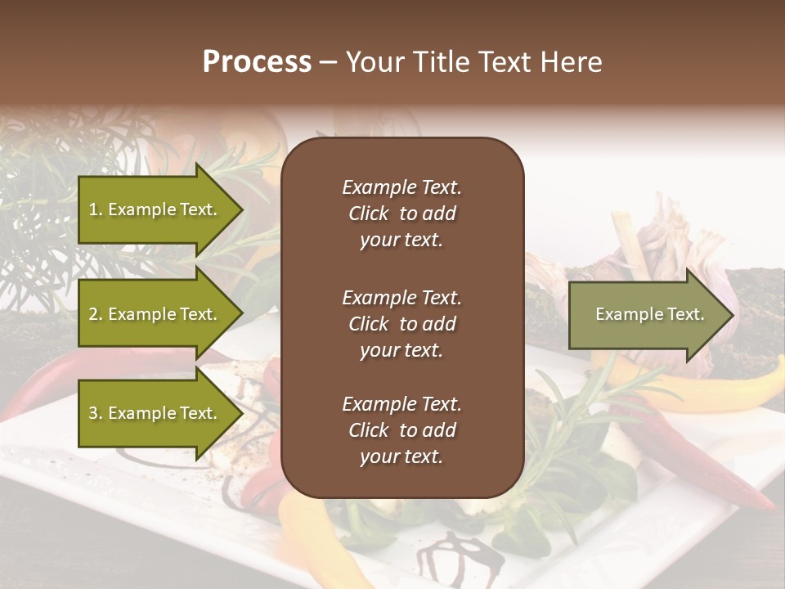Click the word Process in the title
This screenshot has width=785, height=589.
[x=257, y=62]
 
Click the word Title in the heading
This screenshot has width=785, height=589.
[x=445, y=62]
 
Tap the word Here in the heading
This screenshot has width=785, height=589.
[x=572, y=62]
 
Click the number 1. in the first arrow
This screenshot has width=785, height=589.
[x=96, y=209]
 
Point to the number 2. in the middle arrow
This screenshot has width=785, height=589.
[x=96, y=314]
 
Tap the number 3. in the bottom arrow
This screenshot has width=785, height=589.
[x=96, y=413]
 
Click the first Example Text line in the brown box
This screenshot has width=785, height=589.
[x=401, y=187]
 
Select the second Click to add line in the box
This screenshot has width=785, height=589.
[x=401, y=324]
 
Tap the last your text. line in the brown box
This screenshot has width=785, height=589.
[x=401, y=457]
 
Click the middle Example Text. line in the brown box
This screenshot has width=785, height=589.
[x=401, y=297]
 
